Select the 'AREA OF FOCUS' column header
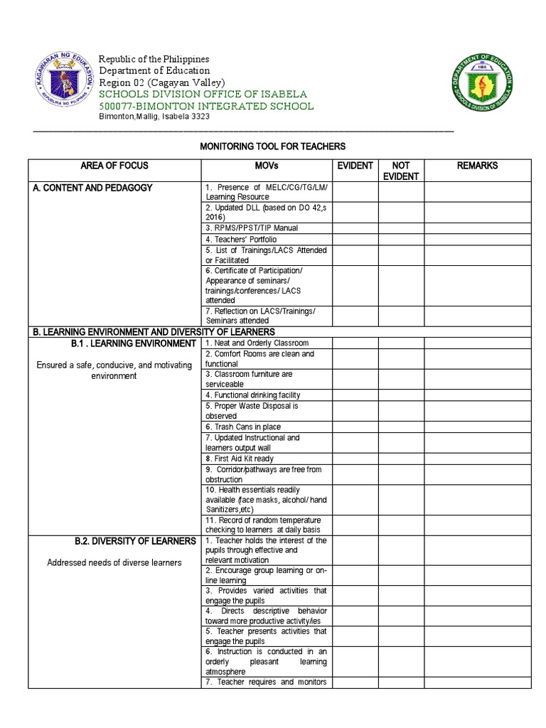(x=114, y=166)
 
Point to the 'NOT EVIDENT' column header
(x=400, y=171)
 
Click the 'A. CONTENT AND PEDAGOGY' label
(x=92, y=188)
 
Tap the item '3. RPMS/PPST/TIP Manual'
(x=252, y=228)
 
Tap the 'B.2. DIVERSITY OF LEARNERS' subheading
(x=135, y=541)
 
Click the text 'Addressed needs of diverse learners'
(x=114, y=563)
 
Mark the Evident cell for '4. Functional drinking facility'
(x=355, y=395)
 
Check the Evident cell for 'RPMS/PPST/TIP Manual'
(x=355, y=228)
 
